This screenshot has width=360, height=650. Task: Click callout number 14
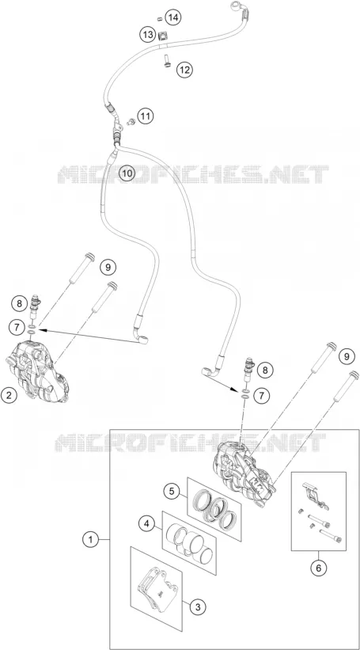(173, 17)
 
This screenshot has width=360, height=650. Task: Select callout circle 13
(147, 36)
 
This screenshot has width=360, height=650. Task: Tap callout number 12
(185, 70)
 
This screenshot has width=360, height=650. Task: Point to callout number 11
(146, 116)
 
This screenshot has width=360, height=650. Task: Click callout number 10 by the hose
(127, 173)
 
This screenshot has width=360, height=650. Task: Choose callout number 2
(9, 394)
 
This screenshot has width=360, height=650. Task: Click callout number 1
(90, 540)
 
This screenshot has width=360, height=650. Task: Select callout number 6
(319, 568)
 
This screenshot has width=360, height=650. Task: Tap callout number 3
(198, 607)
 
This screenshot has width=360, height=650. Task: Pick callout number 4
(146, 524)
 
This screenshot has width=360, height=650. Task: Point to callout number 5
(171, 491)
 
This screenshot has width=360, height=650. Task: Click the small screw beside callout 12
(166, 62)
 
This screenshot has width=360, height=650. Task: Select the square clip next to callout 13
(162, 36)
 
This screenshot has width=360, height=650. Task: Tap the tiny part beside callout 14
(160, 18)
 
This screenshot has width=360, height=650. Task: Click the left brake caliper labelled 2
(37, 371)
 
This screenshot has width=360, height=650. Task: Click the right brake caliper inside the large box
(244, 470)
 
